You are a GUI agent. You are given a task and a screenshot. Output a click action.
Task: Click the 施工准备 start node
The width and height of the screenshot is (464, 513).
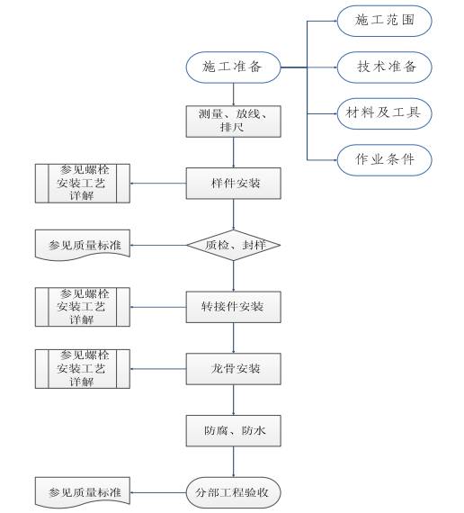click(x=234, y=67)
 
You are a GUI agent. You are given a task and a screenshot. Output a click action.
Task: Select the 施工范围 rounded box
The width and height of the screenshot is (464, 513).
click(x=384, y=20)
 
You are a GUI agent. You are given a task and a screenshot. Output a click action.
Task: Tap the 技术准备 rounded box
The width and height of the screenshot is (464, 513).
click(x=384, y=67)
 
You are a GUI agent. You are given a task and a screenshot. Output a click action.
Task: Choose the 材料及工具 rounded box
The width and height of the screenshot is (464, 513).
click(x=384, y=113)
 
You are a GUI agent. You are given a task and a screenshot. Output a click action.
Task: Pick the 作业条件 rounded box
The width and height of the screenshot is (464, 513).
click(x=384, y=160)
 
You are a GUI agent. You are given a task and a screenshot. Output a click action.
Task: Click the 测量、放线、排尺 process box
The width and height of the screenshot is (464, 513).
click(x=234, y=121)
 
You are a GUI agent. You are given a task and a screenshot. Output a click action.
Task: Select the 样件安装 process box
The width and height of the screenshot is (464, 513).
click(x=234, y=183)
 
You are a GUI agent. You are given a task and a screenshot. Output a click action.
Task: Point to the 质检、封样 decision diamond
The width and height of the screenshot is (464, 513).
click(x=234, y=245)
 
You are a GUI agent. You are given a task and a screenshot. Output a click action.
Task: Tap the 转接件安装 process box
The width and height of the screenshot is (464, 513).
click(x=234, y=307)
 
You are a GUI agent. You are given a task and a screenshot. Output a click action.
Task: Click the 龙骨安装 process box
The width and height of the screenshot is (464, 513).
click(x=234, y=368)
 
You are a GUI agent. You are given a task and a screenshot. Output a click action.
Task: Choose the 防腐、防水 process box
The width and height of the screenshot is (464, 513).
click(x=234, y=430)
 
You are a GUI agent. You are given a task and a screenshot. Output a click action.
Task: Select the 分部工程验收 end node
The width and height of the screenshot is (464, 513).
click(x=234, y=492)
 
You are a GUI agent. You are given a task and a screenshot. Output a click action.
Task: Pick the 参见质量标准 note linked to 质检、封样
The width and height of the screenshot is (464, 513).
click(x=82, y=244)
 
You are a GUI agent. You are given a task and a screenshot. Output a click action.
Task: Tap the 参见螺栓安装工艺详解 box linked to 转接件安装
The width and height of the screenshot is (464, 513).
click(x=82, y=307)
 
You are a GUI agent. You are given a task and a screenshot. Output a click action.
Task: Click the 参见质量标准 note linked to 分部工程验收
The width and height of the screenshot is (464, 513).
click(x=82, y=491)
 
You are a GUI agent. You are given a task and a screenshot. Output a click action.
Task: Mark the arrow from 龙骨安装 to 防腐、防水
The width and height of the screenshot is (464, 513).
click(x=234, y=400)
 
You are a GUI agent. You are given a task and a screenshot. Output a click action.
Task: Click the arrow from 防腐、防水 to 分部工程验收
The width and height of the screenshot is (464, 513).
click(x=234, y=462)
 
